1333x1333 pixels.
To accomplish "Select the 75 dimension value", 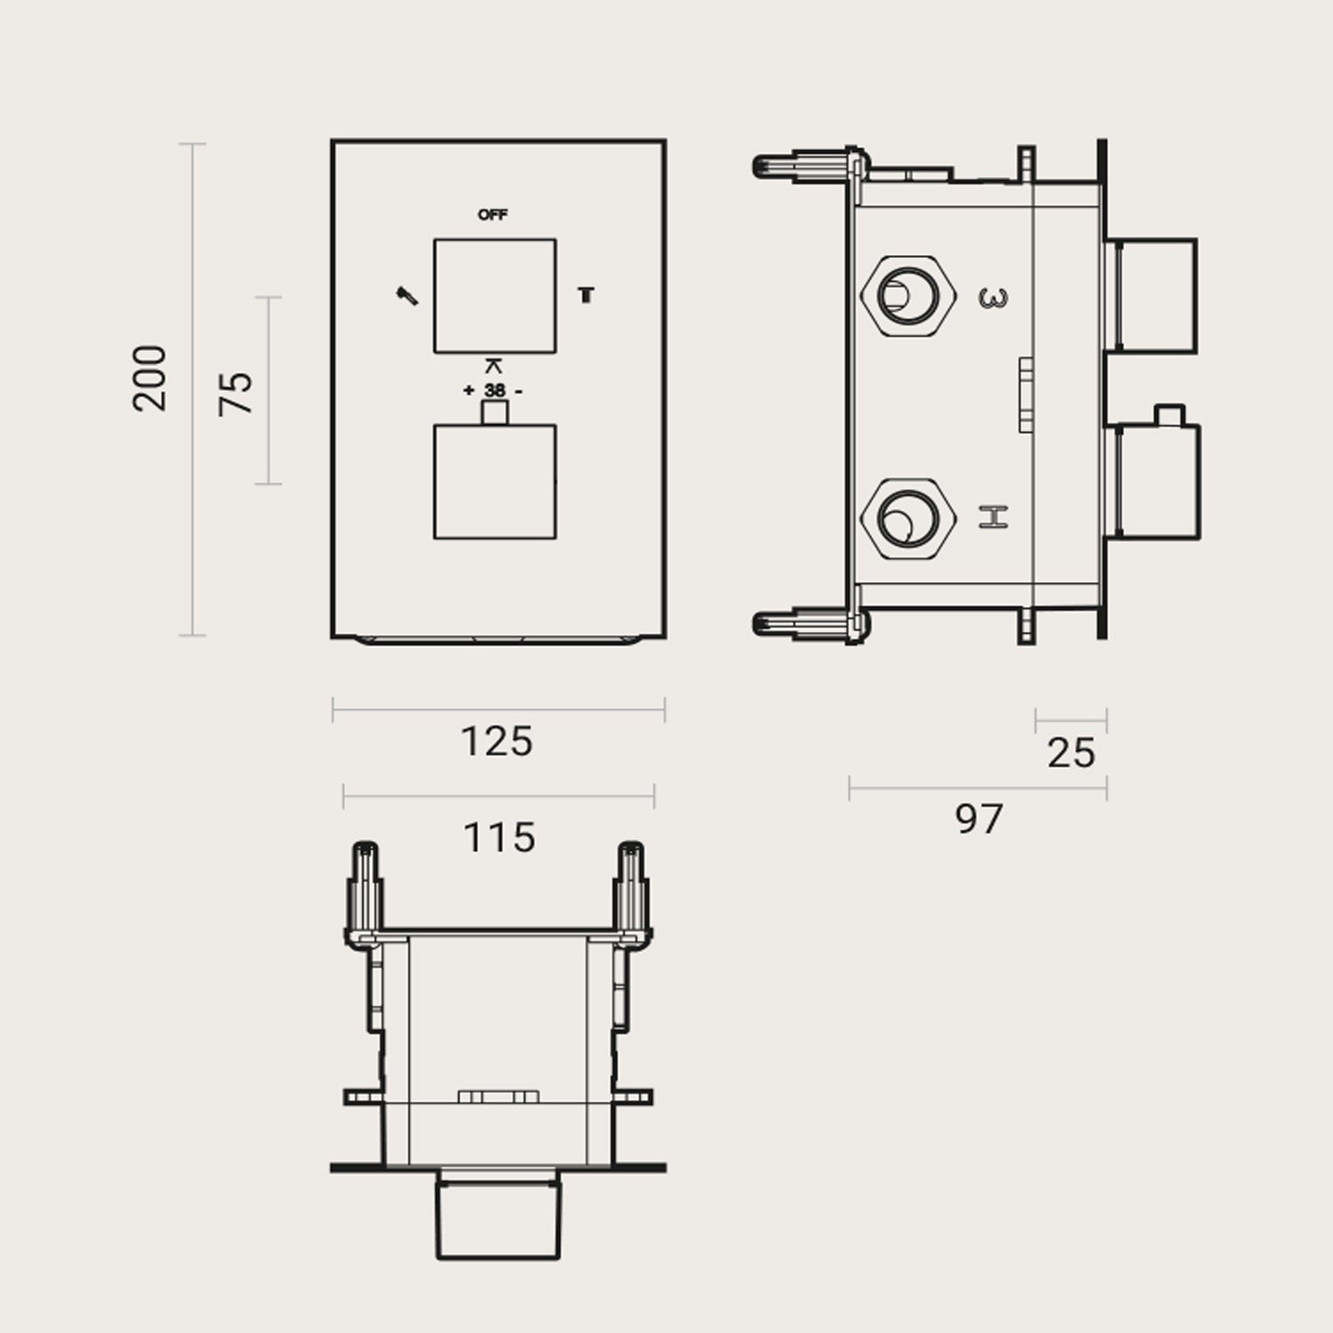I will (236, 392).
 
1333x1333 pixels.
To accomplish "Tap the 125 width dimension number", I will (497, 742).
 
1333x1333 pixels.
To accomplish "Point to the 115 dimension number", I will (499, 837).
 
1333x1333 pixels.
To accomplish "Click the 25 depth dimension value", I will (1071, 754).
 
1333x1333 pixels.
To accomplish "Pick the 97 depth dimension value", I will (978, 818).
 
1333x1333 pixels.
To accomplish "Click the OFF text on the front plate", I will (493, 215).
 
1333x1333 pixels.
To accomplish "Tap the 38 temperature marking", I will (494, 390).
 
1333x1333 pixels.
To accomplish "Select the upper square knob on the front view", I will (494, 296).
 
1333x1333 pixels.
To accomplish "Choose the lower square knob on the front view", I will (494, 482).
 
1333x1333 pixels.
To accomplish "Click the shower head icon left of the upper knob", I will (407, 296).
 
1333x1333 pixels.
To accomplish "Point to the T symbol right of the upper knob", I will (586, 295).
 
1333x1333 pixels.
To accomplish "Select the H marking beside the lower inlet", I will (994, 516).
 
